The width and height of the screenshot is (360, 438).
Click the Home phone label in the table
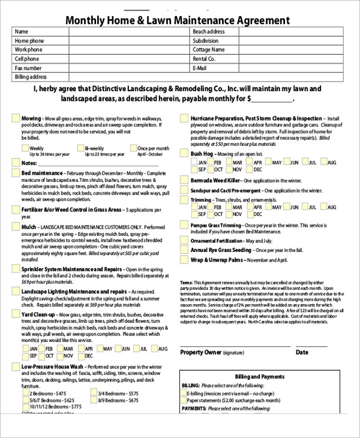(29, 41)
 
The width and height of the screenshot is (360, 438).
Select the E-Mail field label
(200, 68)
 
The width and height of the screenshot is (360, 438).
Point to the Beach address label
(209, 32)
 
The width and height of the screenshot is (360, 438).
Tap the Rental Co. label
(204, 59)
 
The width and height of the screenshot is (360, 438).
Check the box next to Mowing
(15, 118)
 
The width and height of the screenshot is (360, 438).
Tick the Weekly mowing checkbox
(25, 148)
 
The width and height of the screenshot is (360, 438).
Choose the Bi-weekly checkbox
(80, 148)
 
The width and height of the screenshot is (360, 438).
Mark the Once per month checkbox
(133, 148)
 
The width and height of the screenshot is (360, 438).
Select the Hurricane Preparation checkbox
(184, 119)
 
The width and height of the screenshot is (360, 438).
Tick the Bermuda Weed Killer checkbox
(184, 180)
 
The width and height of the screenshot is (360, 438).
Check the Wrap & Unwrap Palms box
(184, 260)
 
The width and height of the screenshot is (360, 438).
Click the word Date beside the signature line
(302, 353)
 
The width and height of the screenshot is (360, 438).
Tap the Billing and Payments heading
(259, 376)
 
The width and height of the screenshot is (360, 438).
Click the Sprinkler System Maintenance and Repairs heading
(71, 269)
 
